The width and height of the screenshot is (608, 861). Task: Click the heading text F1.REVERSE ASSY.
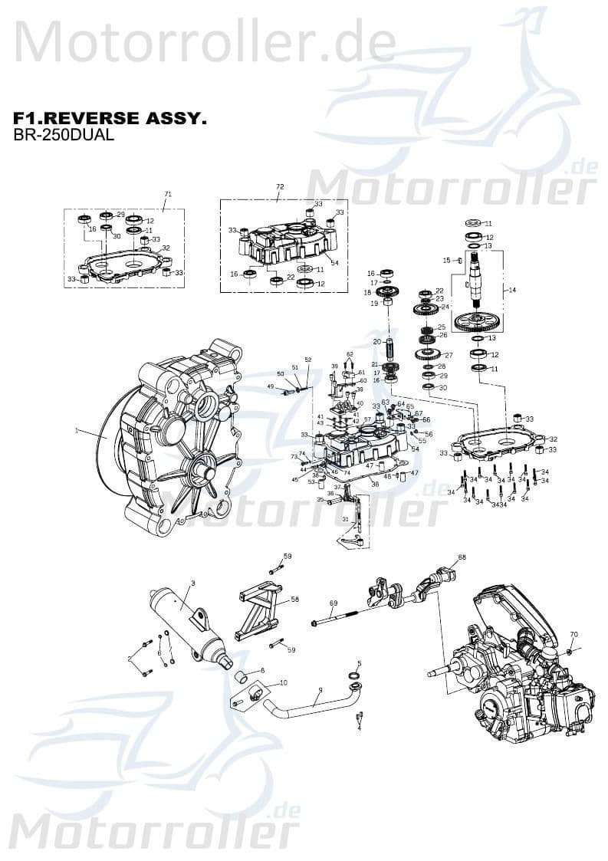click(110, 119)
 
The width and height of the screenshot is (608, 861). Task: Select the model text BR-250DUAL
click(64, 136)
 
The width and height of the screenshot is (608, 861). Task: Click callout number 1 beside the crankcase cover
click(77, 432)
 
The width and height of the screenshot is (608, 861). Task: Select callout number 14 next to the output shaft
click(512, 289)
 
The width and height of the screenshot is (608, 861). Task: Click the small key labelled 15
click(459, 261)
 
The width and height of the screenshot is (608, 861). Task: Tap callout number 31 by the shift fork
click(345, 520)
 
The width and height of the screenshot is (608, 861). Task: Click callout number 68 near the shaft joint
click(462, 557)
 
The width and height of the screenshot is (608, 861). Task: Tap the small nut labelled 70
click(570, 651)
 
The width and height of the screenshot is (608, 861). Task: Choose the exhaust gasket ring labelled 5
click(354, 675)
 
